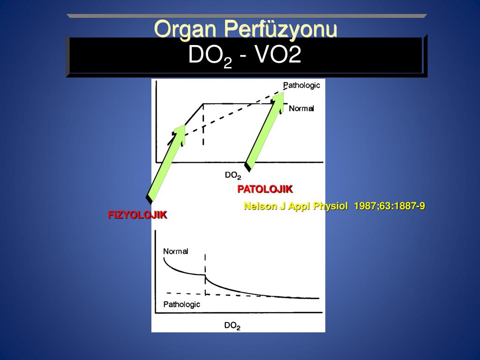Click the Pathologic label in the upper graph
click(x=301, y=85)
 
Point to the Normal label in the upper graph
click(x=301, y=108)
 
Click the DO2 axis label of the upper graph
click(x=233, y=175)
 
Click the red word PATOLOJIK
click(x=265, y=189)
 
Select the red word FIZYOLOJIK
click(x=137, y=215)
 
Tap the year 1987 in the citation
click(x=364, y=206)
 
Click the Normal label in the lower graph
click(x=176, y=251)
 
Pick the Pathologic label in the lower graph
click(x=181, y=304)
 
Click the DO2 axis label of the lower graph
click(x=232, y=325)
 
